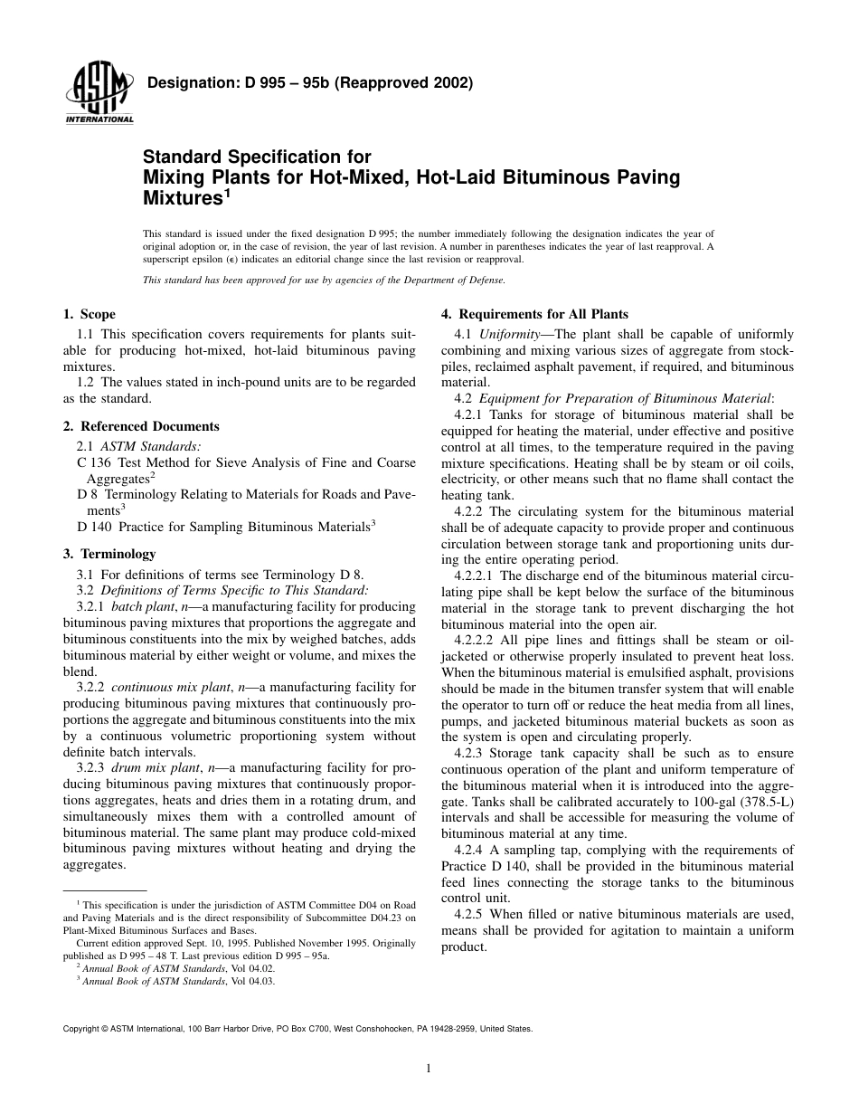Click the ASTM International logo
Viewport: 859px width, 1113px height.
point(99,96)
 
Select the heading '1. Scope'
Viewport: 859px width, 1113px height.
point(89,315)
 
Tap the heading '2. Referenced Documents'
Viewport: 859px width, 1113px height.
point(140,426)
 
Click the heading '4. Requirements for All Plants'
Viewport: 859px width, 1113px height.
point(534,315)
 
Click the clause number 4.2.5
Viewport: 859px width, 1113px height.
point(469,914)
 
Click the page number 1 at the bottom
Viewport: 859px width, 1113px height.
point(429,1068)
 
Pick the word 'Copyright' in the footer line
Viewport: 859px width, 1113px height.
point(80,1029)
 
